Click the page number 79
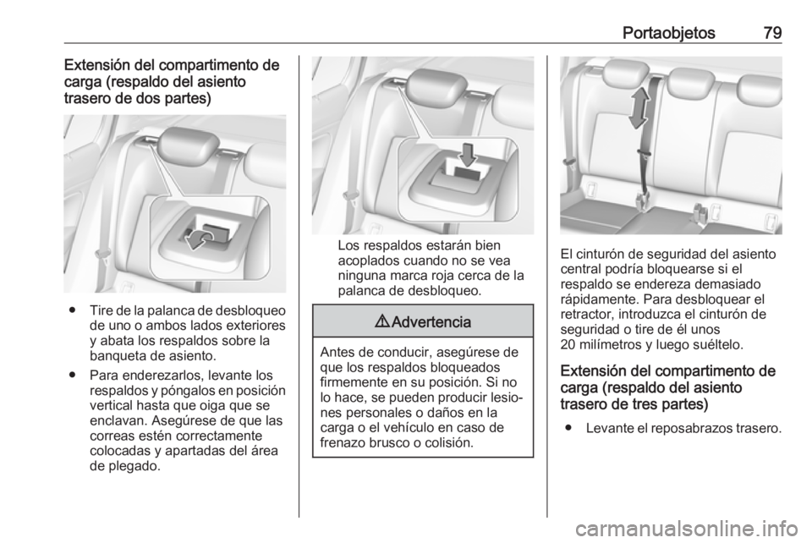(772, 33)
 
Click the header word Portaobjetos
(668, 33)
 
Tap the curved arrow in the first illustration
(198, 239)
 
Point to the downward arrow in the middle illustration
(468, 155)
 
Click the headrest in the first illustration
(188, 146)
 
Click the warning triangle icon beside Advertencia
(385, 322)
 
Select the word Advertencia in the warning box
(431, 322)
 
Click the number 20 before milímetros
(568, 344)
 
